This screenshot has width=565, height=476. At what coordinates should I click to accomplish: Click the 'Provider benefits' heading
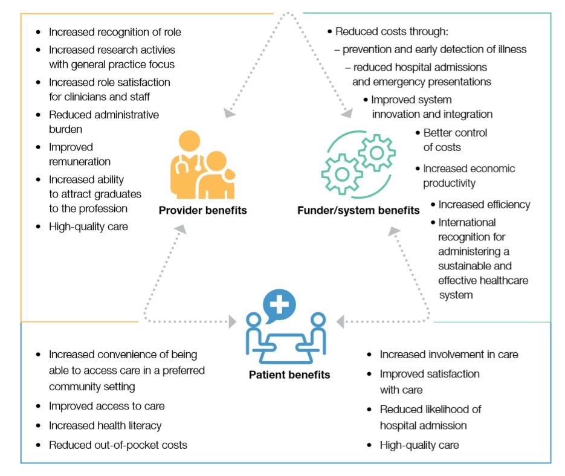tap(203, 211)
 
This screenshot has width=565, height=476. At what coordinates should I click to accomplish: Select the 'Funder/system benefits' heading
tap(358, 211)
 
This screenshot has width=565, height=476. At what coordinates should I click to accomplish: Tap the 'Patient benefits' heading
tap(289, 375)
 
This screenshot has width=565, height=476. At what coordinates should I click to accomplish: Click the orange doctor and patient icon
tap(202, 166)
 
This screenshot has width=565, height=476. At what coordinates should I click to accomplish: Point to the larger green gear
tap(341, 173)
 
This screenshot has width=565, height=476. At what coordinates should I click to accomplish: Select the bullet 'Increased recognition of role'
tap(115, 32)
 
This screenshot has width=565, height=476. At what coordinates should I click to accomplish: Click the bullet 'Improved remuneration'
tap(80, 154)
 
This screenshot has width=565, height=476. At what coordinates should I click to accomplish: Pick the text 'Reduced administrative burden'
tap(104, 121)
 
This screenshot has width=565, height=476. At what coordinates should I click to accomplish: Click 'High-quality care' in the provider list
tap(88, 227)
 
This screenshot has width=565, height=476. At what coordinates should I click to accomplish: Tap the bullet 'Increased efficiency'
tap(484, 204)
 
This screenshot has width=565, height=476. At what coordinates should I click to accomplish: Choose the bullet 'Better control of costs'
tap(454, 140)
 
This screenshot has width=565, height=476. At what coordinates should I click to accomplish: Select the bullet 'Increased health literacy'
tap(105, 425)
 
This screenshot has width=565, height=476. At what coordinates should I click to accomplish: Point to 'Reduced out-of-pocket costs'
tap(118, 445)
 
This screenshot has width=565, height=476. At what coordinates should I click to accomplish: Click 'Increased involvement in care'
tap(449, 355)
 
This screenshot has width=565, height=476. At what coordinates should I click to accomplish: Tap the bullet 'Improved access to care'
tap(106, 406)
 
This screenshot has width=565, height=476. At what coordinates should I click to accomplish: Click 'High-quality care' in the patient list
tap(419, 445)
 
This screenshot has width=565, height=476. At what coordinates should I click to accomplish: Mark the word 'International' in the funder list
tap(467, 222)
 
